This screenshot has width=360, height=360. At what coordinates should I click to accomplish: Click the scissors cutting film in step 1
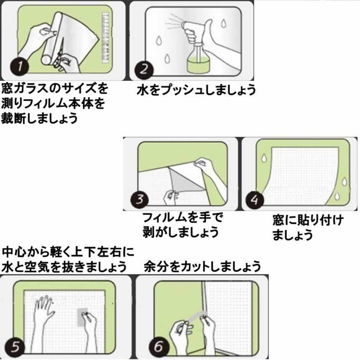[x=62, y=57]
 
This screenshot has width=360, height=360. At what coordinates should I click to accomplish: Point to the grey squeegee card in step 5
[x=83, y=317]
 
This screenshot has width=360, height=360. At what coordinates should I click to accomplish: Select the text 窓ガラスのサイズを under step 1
[x=54, y=89]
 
